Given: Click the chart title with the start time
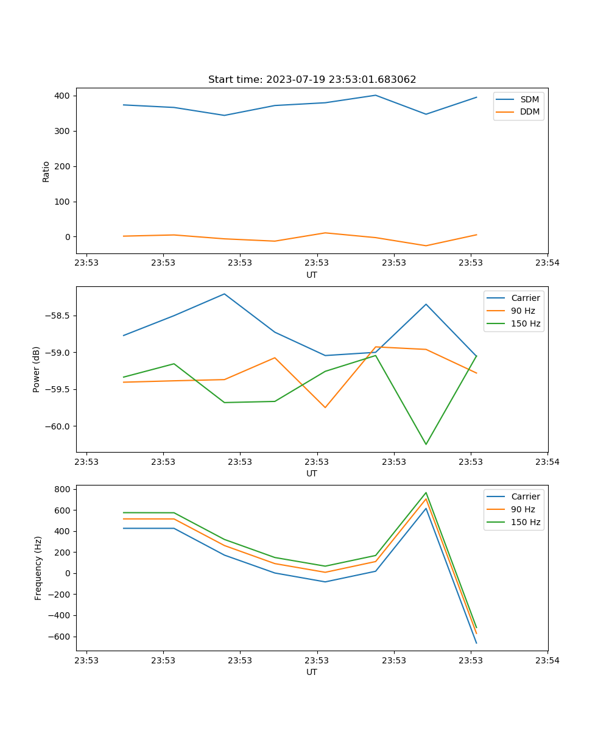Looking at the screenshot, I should pos(312,80).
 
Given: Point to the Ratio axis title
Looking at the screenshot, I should pos(46,171).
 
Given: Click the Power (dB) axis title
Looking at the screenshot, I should pos(37,369).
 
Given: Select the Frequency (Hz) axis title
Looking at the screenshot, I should pos(38,568).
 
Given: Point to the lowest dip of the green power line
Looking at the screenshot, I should pos(426,444).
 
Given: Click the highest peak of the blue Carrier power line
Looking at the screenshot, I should pos(224,294).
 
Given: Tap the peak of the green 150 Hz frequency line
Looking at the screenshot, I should pos(426,493).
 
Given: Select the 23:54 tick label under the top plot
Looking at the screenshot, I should pos(547,264).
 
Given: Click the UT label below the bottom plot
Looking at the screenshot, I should pos(312,672).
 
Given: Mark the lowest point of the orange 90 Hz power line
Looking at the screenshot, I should pos(325,408).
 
